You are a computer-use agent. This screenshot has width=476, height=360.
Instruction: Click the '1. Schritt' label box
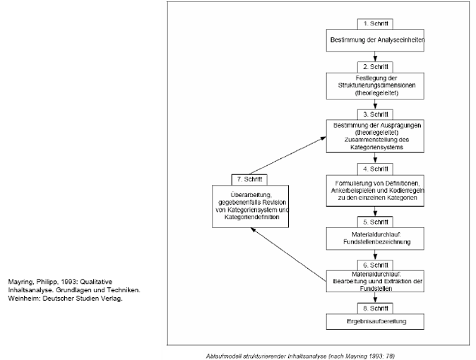click(376, 23)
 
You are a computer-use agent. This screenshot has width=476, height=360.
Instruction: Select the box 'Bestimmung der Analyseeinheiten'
click(376, 40)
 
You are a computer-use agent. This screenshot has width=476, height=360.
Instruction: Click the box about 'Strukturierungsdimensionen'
click(376, 85)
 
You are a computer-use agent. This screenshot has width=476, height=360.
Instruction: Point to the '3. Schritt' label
click(376, 113)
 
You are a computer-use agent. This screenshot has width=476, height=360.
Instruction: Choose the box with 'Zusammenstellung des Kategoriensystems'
click(376, 135)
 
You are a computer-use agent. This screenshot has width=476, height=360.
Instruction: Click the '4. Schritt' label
click(376, 169)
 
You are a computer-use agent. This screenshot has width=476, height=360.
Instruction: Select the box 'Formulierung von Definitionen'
click(376, 191)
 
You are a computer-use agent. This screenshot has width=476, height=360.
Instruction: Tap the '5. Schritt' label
click(376, 221)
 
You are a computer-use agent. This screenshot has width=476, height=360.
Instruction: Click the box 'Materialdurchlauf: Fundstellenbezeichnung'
click(376, 239)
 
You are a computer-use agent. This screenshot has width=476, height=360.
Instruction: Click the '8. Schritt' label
click(376, 309)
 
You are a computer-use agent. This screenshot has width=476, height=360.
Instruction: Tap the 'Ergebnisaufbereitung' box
click(376, 323)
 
